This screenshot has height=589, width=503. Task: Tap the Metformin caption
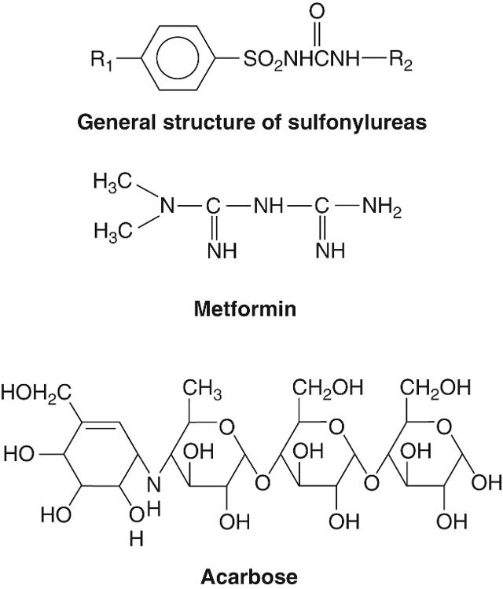point(246,309)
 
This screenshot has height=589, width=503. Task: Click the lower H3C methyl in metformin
point(109,232)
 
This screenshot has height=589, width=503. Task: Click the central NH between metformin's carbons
point(269,207)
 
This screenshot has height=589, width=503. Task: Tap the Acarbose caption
point(250,577)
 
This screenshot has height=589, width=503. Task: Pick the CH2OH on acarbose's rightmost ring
point(435,387)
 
